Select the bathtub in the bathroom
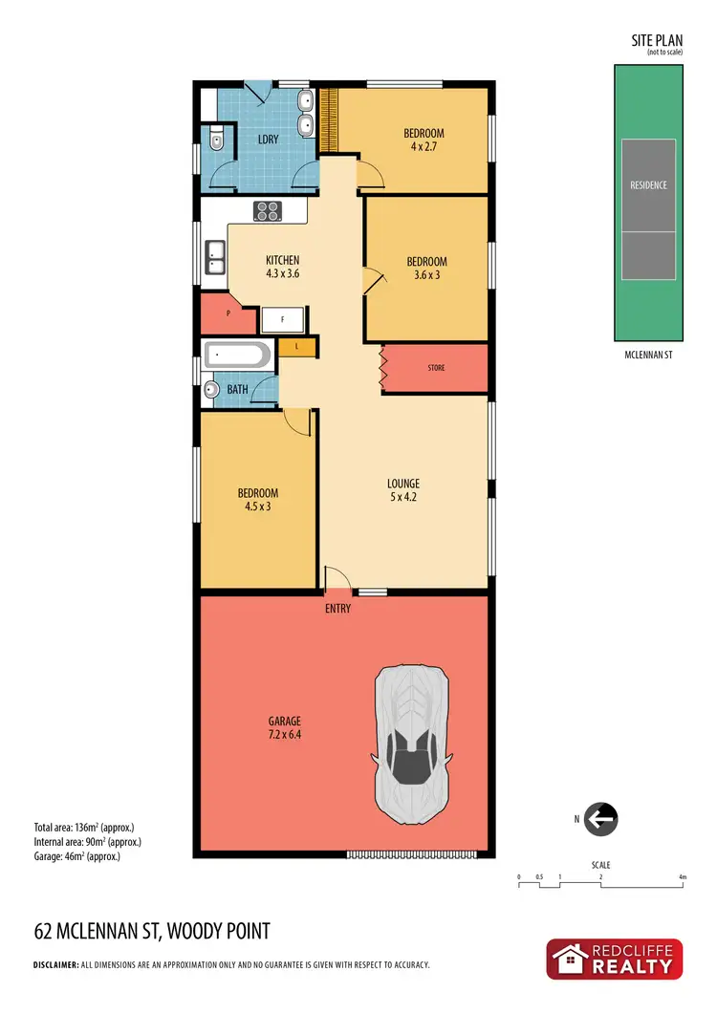pyautogui.click(x=237, y=356)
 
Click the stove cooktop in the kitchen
pyautogui.click(x=267, y=211)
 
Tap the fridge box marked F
pyautogui.click(x=282, y=321)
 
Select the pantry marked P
pyautogui.click(x=228, y=313)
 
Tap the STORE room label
pyautogui.click(x=436, y=368)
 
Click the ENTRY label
pyautogui.click(x=337, y=608)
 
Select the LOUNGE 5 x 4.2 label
pyautogui.click(x=403, y=489)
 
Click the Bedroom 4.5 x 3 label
pyautogui.click(x=257, y=500)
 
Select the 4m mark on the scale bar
pyautogui.click(x=682, y=876)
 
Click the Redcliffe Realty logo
pyautogui.click(x=614, y=959)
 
